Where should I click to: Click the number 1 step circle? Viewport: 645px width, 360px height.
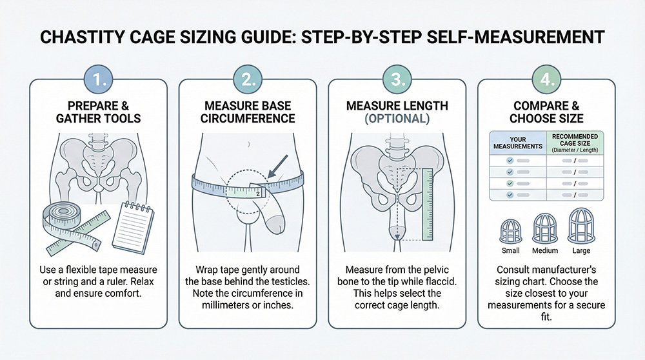[x=98, y=79]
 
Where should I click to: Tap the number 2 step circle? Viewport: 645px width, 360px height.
[x=248, y=79]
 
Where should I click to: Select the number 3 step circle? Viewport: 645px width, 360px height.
[x=397, y=79]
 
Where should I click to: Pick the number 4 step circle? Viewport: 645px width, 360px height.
[x=547, y=79]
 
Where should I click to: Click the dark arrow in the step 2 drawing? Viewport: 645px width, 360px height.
[x=277, y=166]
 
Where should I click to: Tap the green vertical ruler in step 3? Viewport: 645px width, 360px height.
[x=428, y=204]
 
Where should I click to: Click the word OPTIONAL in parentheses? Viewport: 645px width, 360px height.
[x=397, y=119]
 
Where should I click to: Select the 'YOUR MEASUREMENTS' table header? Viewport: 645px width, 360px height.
[x=518, y=143]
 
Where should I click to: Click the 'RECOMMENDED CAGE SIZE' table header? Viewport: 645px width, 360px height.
[x=575, y=143]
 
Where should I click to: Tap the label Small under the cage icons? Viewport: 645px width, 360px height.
[x=510, y=250]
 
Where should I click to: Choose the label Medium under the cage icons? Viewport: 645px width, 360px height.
[x=545, y=250]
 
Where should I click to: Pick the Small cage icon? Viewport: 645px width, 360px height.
[x=510, y=231]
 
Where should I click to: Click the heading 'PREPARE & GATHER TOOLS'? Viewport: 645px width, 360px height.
[x=98, y=112]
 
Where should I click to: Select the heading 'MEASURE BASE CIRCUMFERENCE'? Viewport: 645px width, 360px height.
[x=248, y=112]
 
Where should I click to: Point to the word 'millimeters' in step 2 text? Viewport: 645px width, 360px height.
[x=225, y=305]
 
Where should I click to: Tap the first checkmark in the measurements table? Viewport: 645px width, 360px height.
[x=510, y=161]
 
